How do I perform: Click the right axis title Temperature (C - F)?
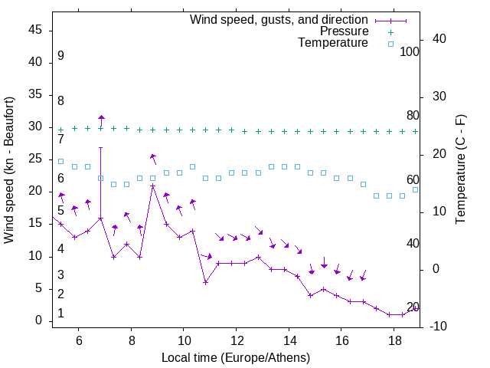[x=460, y=170]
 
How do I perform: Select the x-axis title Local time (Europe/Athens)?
[x=236, y=357]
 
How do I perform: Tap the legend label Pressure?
[x=345, y=31]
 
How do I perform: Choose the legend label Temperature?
[x=333, y=44]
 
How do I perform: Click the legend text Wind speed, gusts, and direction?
[x=279, y=19]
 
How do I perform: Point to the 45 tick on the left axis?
[x=35, y=29]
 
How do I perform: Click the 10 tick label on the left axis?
[x=35, y=255]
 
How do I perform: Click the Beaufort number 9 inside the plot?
[x=60, y=56]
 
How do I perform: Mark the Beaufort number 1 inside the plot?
[x=60, y=314]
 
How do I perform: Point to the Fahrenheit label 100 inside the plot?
[x=410, y=52]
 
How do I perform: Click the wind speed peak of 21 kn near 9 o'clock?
[x=153, y=186]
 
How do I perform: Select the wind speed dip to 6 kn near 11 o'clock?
[x=205, y=282]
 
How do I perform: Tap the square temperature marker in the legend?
[x=390, y=44]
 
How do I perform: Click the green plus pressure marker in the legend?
[x=390, y=31]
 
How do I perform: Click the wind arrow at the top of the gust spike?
[x=101, y=118]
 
